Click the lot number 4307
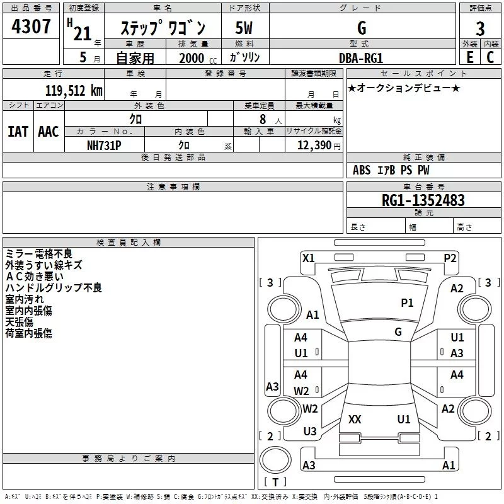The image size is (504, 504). [x=31, y=26]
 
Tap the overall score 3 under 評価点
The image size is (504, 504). [x=480, y=29]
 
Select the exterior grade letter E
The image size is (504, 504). [x=470, y=57]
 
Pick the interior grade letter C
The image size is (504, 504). [x=490, y=57]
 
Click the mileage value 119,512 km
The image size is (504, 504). [x=74, y=91]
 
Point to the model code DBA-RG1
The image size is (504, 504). [x=361, y=58]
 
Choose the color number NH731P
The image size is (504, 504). [x=104, y=146]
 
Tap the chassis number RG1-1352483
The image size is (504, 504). [x=423, y=200]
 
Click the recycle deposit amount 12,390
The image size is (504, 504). [x=314, y=146]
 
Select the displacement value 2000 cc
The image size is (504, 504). [x=198, y=59]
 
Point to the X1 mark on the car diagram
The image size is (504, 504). [x=309, y=258]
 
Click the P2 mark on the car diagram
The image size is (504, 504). [x=450, y=258]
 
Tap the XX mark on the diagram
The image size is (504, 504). [x=355, y=420]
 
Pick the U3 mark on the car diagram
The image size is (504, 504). [x=310, y=432]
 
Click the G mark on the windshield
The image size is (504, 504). [x=398, y=332]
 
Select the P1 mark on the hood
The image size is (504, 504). [x=407, y=303]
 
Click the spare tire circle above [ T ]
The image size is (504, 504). [x=275, y=460]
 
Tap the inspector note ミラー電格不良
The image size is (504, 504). [x=39, y=254]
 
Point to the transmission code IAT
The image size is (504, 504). [x=18, y=132]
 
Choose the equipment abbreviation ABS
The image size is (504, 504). [x=362, y=170]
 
